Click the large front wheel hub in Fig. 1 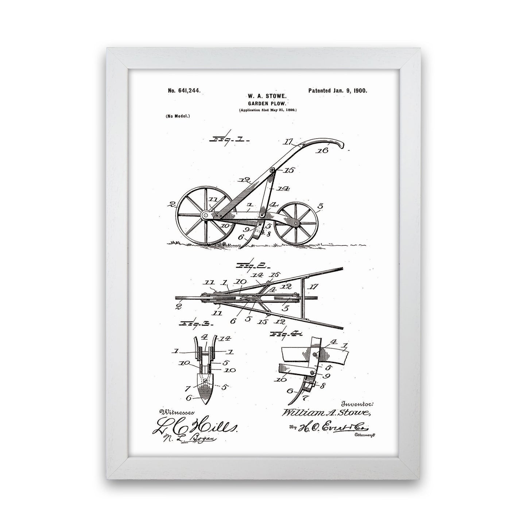(206, 216)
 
